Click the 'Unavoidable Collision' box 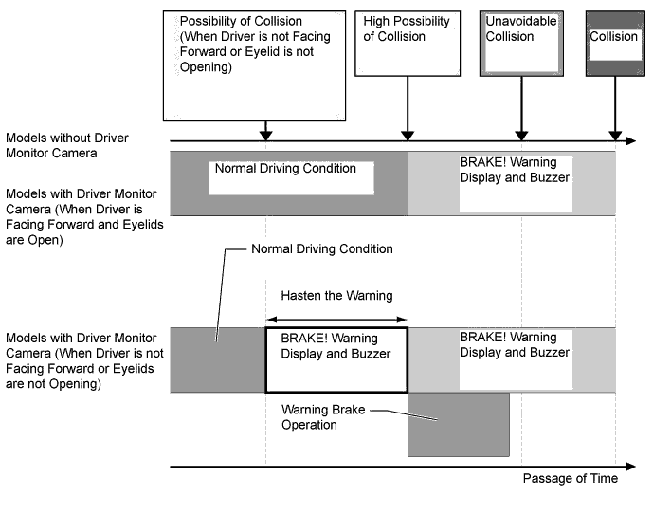(x=519, y=43)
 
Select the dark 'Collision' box (x=615, y=43)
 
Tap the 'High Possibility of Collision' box (x=407, y=43)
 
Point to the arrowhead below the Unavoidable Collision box (x=519, y=135)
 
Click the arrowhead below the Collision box (x=615, y=135)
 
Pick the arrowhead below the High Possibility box (x=408, y=135)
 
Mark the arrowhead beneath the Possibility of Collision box (x=266, y=135)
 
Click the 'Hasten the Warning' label (x=336, y=296)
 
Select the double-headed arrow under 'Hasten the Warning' (x=336, y=320)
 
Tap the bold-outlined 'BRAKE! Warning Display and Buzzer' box (x=336, y=359)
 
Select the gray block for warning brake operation (x=458, y=424)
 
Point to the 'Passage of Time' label (x=570, y=478)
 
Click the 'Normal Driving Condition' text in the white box (x=285, y=169)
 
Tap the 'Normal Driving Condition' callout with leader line (x=321, y=249)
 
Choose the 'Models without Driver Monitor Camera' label (x=66, y=145)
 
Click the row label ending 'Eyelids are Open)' (x=80, y=217)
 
